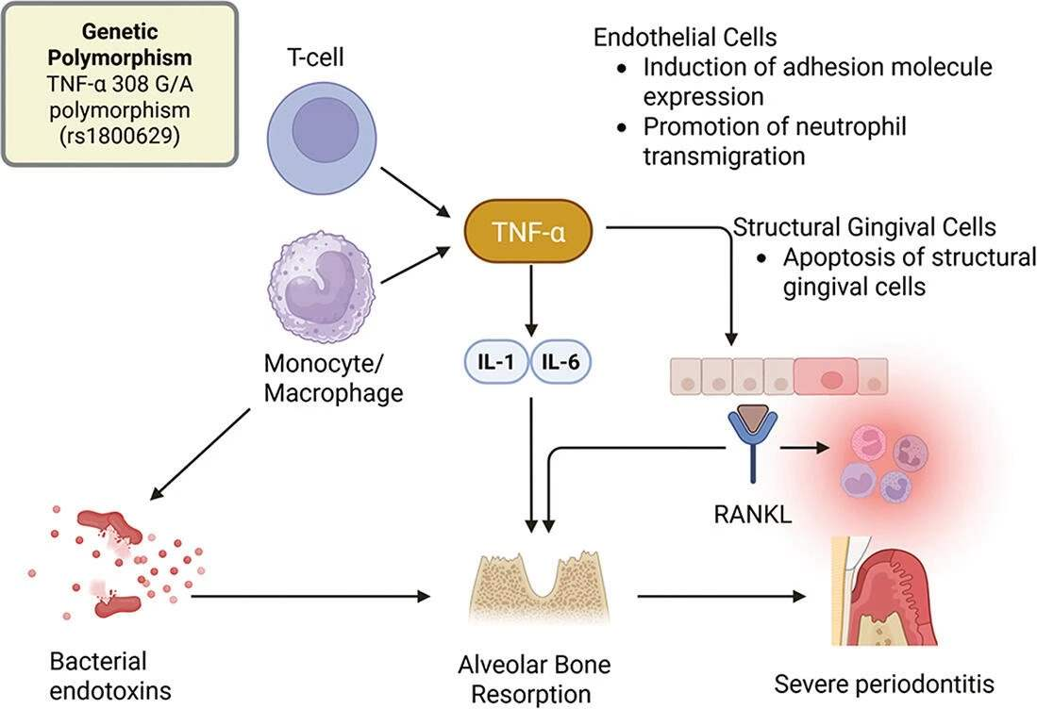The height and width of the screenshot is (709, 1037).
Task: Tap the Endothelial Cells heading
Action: point(685,38)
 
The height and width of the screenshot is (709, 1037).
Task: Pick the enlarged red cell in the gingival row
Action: point(830,377)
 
